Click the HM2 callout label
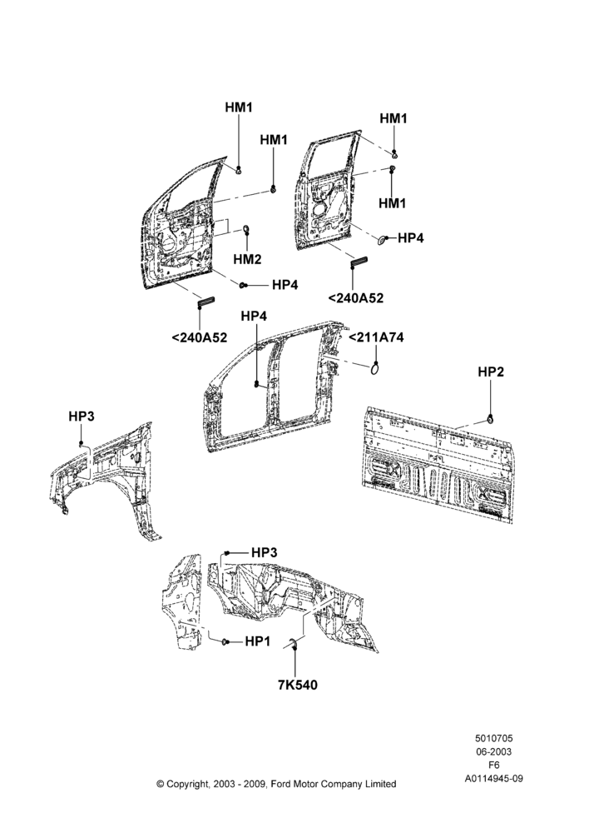247,259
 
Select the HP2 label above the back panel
491,372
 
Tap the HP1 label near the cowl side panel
258,641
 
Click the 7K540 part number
298,686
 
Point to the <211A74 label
376,337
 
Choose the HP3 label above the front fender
82,416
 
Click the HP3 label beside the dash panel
265,552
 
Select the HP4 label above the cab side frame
255,316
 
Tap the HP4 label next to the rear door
411,238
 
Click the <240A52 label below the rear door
355,298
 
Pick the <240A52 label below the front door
200,337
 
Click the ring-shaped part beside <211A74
375,367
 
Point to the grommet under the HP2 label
491,421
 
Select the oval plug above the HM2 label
247,229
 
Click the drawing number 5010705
493,738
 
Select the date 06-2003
493,751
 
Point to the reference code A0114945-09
494,779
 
